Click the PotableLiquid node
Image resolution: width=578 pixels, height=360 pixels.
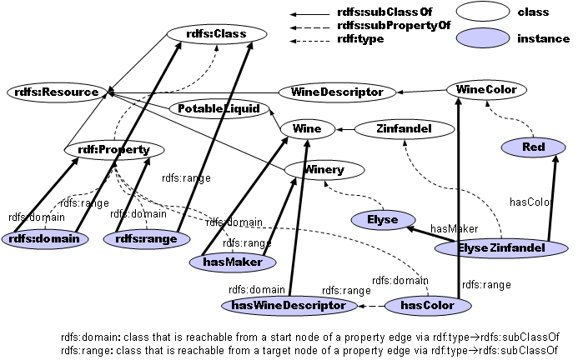pyautogui.click(x=219, y=108)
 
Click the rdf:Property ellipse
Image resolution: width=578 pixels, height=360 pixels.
pyautogui.click(x=108, y=150)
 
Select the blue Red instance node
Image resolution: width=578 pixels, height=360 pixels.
pyautogui.click(x=534, y=147)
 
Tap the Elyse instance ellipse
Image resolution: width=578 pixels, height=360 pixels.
pyautogui.click(x=382, y=220)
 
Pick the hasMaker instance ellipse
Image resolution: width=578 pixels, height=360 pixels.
pyautogui.click(x=239, y=262)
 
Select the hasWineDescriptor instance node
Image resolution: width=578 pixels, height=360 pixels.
pyautogui.click(x=288, y=306)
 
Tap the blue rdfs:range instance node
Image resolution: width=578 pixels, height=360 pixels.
pyautogui.click(x=143, y=239)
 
